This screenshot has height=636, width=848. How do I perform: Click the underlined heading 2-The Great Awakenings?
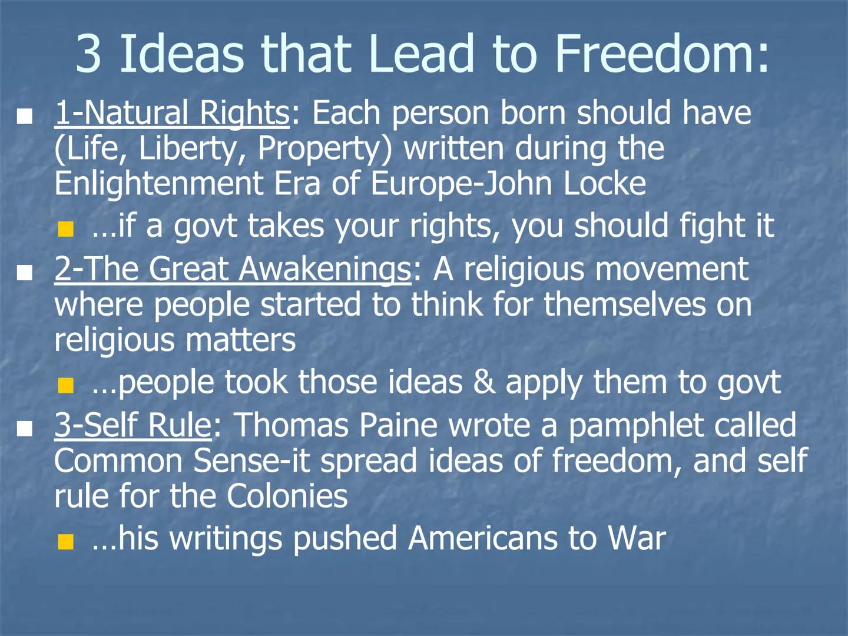[233, 269]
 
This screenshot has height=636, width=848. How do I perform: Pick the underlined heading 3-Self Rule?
[132, 425]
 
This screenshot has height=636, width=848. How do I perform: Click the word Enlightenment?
[158, 184]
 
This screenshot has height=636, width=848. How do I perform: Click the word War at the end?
[637, 538]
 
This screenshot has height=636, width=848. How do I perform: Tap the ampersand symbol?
[483, 382]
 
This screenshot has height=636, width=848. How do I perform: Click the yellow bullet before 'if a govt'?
[66, 228]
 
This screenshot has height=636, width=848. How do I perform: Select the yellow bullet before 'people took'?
[66, 386]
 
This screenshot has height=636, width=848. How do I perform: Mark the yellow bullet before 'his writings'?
[66, 542]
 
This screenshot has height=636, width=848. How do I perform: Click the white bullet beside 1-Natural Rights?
[24, 116]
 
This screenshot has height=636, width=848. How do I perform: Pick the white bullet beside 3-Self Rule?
[24, 429]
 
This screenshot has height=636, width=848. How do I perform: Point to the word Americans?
[482, 538]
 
